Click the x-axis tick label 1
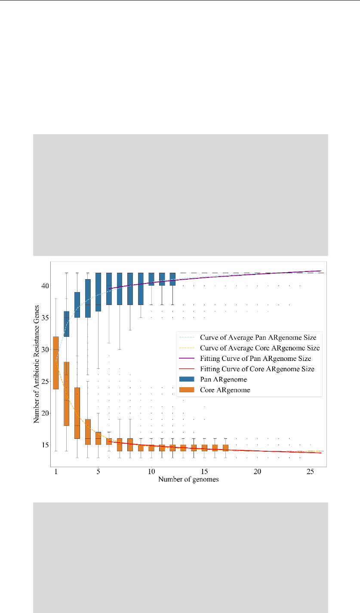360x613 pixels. click(56, 472)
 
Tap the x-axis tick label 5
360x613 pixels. click(98, 472)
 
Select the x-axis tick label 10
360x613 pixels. click(151, 472)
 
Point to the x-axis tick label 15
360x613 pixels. click(204, 472)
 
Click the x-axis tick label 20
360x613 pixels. click(257, 472)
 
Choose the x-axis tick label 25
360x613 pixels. click(310, 472)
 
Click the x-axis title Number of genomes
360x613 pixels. click(188, 479)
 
